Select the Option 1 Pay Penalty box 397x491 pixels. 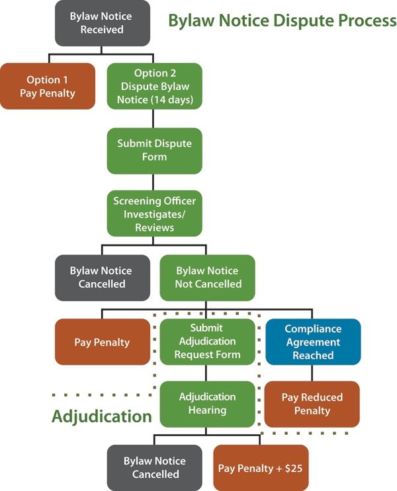point(47,86)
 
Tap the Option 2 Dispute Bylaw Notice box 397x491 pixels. point(154,86)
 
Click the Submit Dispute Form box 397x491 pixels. point(154,150)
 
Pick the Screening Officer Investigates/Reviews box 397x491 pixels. point(154,213)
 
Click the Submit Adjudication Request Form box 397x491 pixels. point(207,341)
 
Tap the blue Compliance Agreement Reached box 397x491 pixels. point(313,341)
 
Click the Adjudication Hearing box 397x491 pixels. point(207,404)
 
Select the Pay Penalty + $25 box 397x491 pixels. point(261,468)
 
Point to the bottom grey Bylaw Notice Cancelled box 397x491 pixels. point(155,467)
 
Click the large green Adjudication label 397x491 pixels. point(102,417)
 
